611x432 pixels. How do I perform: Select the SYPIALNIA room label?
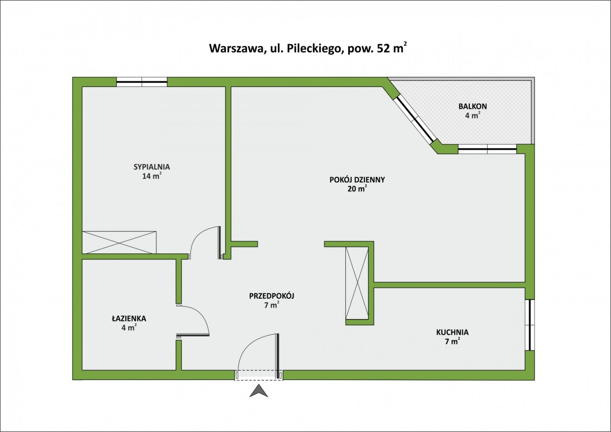(152, 166)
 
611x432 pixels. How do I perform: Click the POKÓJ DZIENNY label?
(357, 179)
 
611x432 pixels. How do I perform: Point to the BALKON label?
(473, 106)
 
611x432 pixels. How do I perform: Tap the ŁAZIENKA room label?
(129, 319)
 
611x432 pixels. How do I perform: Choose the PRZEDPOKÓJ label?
(272, 296)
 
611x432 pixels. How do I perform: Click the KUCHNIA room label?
(452, 332)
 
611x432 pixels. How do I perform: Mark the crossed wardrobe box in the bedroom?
(119, 241)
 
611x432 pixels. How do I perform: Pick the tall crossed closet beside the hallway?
(357, 282)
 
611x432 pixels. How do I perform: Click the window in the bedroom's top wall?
(142, 80)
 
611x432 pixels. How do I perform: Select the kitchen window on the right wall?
(530, 325)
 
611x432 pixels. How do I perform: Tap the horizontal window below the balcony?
(487, 149)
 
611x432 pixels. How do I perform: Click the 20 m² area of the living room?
(357, 188)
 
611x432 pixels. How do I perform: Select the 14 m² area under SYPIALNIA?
(152, 176)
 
